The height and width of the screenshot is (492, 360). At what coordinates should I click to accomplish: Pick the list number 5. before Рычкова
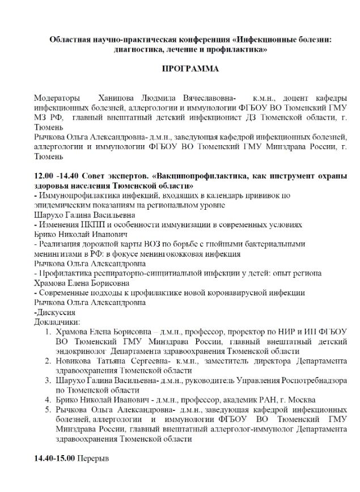click(49, 410)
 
